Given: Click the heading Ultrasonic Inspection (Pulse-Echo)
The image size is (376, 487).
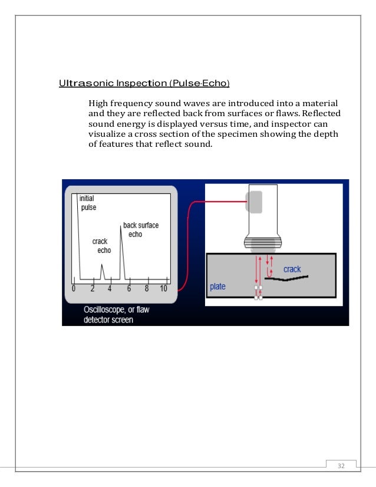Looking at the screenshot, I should (x=144, y=82).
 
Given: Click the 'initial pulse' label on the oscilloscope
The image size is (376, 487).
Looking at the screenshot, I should (x=88, y=203).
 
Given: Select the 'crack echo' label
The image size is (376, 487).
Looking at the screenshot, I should (x=101, y=246).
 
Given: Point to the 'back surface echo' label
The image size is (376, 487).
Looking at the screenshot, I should (x=140, y=230).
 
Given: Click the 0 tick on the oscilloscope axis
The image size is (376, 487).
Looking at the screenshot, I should (x=74, y=289).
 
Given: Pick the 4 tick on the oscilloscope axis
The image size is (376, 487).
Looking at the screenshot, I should (x=110, y=289).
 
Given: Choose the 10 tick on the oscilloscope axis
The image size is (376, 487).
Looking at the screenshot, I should (x=163, y=289).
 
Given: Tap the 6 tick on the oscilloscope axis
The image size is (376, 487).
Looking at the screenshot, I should (x=128, y=289).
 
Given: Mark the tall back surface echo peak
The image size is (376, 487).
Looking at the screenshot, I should (x=121, y=248).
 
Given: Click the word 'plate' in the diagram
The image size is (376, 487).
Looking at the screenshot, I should (x=218, y=287).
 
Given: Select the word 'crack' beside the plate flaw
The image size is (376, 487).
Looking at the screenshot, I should (x=292, y=269).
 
